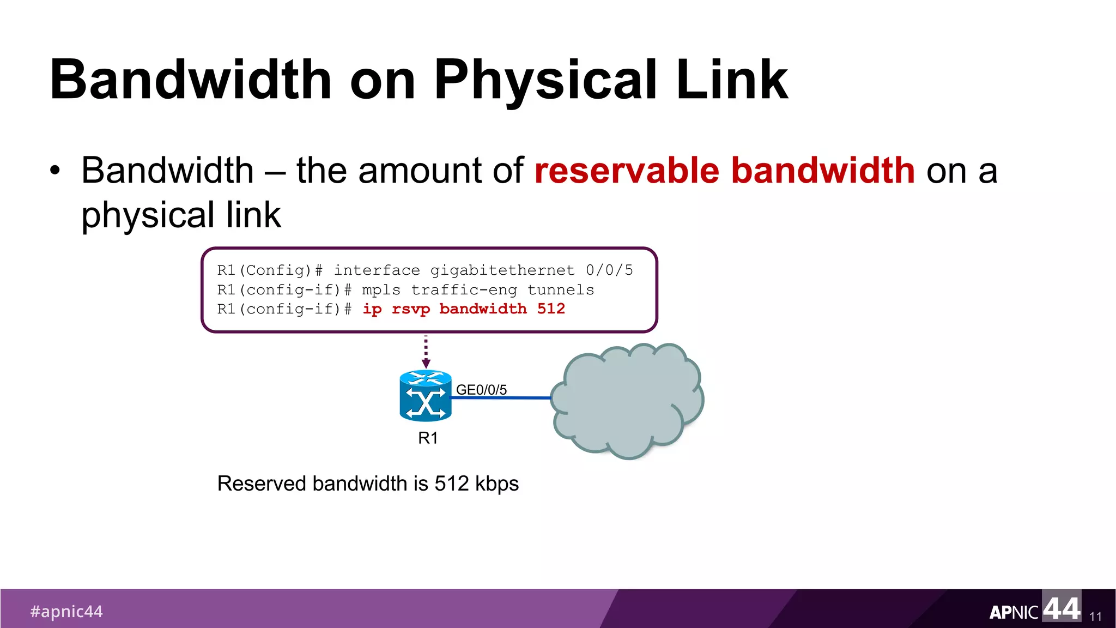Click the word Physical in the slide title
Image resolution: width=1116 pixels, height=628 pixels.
545,81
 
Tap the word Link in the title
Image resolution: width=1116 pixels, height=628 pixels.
732,81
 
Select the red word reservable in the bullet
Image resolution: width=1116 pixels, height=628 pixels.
627,171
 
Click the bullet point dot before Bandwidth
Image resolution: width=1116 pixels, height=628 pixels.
54,171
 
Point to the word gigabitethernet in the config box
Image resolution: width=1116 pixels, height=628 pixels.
502,270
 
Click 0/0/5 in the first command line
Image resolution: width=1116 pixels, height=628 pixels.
609,270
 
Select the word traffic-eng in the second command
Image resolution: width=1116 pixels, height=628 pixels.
464,290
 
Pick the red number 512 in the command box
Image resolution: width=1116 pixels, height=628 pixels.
551,309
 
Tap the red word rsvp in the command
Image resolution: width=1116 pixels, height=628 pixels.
411,309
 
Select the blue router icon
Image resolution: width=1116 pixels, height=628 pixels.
426,396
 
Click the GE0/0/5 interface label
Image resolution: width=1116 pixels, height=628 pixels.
481,390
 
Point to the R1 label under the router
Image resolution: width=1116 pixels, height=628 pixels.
428,438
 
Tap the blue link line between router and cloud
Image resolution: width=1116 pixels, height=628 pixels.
501,398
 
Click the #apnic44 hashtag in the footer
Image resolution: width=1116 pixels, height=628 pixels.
66,612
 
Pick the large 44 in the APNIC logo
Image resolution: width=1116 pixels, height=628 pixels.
1061,608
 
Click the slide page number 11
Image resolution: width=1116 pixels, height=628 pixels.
1095,617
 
